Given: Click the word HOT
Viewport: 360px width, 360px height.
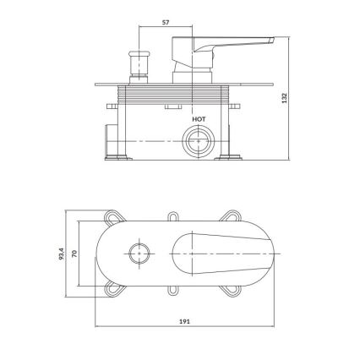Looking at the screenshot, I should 199,120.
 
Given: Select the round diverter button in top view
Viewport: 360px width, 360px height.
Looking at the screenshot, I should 139,250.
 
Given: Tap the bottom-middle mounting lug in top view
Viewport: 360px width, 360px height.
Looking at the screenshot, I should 174,289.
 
